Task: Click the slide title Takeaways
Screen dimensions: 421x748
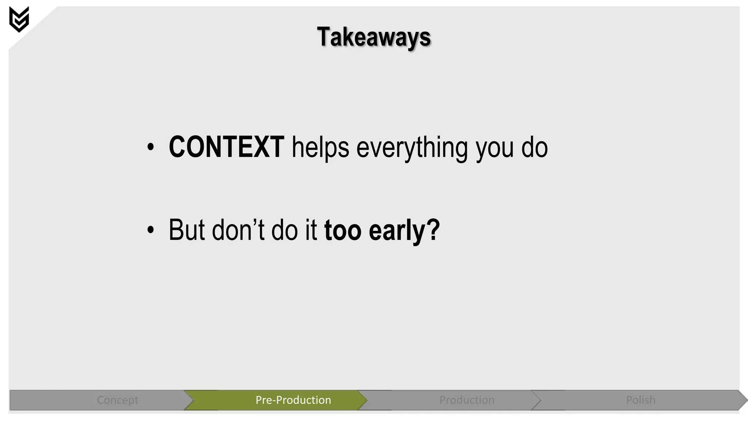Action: pyautogui.click(x=374, y=37)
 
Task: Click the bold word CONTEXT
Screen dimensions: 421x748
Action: pyautogui.click(x=226, y=147)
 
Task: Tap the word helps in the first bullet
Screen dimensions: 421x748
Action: pyautogui.click(x=320, y=148)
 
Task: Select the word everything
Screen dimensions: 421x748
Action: pyautogui.click(x=412, y=149)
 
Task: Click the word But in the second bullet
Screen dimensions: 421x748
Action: pyautogui.click(x=187, y=230)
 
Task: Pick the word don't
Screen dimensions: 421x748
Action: pyautogui.click(x=238, y=230)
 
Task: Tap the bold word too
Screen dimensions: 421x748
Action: pyautogui.click(x=343, y=231)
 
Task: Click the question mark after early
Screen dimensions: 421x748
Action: pyautogui.click(x=433, y=230)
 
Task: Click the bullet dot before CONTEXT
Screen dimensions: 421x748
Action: pyautogui.click(x=150, y=147)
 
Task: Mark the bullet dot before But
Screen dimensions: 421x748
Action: pyautogui.click(x=150, y=230)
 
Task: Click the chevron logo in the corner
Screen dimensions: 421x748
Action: pyautogui.click(x=19, y=19)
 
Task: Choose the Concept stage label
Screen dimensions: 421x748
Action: pyautogui.click(x=118, y=400)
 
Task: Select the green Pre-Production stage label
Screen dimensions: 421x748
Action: pyautogui.click(x=293, y=400)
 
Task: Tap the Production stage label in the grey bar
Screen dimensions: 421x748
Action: pyautogui.click(x=467, y=400)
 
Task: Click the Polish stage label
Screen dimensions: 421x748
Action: pyautogui.click(x=641, y=400)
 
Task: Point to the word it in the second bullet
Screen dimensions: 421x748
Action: pyautogui.click(x=311, y=230)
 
